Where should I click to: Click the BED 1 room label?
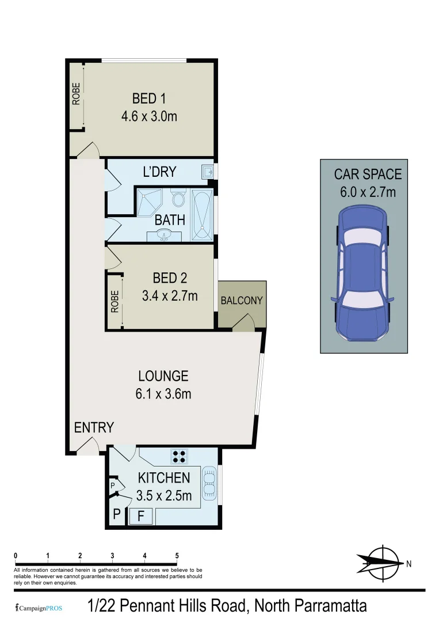click(x=148, y=98)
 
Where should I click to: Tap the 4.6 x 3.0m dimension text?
click(x=148, y=116)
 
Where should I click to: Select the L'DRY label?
click(x=159, y=172)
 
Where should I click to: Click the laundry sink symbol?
click(x=207, y=171)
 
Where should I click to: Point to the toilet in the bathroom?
click(x=178, y=199)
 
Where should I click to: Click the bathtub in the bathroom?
click(x=201, y=214)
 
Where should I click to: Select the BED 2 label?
click(x=169, y=278)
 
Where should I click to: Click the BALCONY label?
click(x=242, y=301)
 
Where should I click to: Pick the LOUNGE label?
click(x=163, y=376)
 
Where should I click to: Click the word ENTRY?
click(x=94, y=427)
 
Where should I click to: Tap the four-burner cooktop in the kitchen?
click(x=178, y=456)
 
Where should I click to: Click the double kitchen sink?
click(x=211, y=483)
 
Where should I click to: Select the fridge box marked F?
click(x=140, y=517)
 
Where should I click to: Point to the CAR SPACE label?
click(x=368, y=175)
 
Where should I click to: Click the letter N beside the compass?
click(x=409, y=564)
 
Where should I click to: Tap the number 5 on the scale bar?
click(x=177, y=556)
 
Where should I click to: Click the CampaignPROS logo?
click(x=38, y=608)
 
